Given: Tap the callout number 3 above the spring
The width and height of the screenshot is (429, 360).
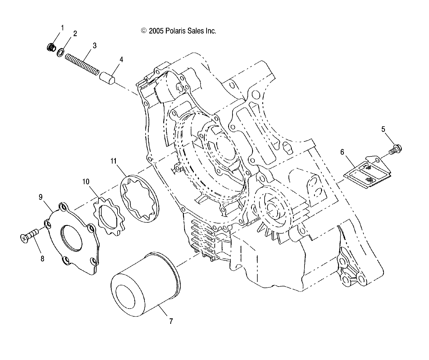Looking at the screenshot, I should [94, 45].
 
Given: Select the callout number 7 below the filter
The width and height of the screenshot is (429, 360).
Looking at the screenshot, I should [171, 321].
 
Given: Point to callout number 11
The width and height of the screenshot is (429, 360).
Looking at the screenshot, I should [113, 161].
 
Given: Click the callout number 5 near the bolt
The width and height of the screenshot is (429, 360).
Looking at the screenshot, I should [383, 129].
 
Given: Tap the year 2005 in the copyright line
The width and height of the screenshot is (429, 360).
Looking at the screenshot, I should [156, 31].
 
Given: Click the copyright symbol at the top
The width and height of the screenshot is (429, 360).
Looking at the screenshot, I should [144, 31].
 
